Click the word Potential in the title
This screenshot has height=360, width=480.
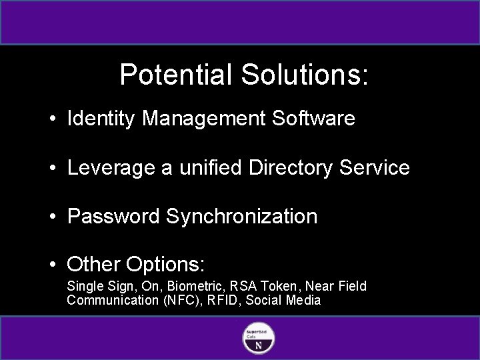pos(171,75)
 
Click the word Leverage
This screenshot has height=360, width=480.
pos(109,168)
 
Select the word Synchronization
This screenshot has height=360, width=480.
pos(242,217)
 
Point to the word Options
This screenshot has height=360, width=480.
pos(168,265)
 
